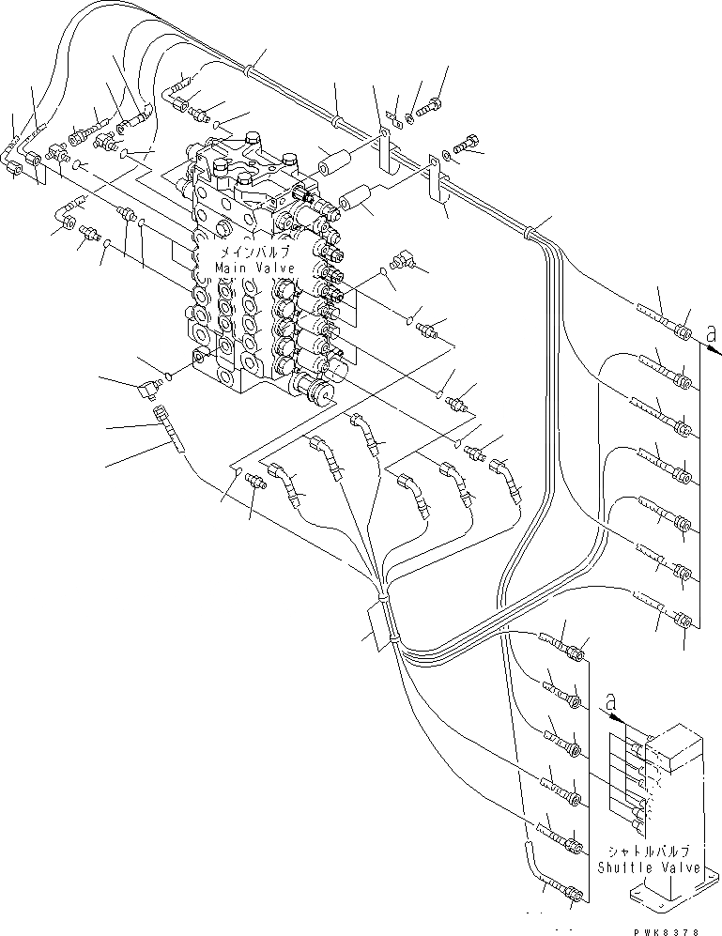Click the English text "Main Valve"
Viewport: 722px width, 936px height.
click(255, 269)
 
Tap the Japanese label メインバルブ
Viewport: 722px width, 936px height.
click(255, 253)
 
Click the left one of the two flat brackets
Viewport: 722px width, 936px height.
click(386, 151)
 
